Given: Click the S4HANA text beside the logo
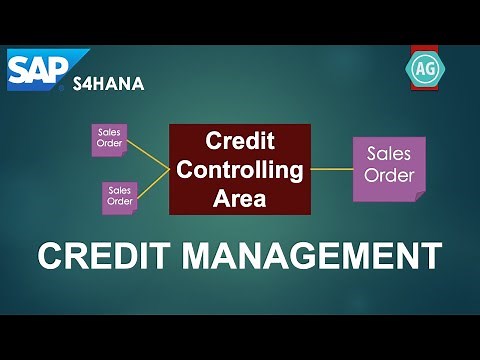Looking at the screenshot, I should click(108, 84).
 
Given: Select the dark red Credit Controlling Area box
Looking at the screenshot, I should click(240, 169).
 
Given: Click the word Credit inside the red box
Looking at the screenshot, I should click(240, 141).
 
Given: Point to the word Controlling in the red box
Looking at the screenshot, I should click(240, 169).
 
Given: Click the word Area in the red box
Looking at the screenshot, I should click(240, 198).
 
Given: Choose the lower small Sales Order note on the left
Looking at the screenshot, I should click(119, 196).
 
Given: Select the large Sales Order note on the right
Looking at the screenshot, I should click(388, 167).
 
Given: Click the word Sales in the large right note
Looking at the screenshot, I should click(389, 155).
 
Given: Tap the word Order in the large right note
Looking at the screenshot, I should click(389, 178).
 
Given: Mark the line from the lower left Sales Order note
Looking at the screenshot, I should click(152, 182).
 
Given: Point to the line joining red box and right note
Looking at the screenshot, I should click(332, 169).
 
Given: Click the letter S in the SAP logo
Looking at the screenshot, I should click(21, 69).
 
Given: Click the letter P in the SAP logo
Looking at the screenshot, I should click(62, 67).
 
